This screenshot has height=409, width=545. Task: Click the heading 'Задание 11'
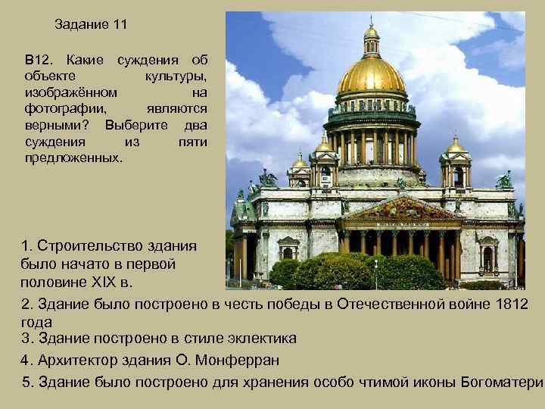point(91,24)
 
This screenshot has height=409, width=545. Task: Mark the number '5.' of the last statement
point(29,381)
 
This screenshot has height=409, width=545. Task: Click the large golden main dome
point(371,76)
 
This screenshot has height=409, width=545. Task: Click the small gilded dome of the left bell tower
point(323,144)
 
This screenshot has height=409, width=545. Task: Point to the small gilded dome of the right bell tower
point(456,145)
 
